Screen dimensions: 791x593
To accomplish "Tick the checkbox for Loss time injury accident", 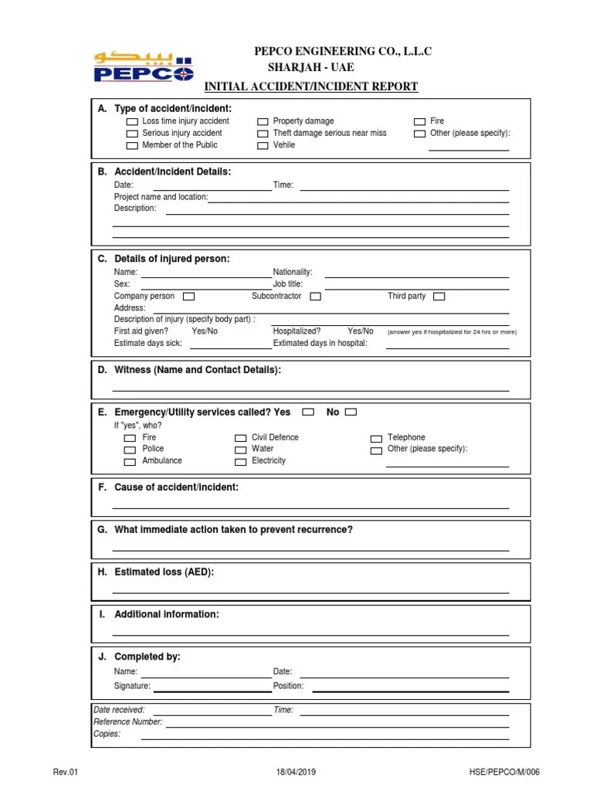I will pyautogui.click(x=132, y=122).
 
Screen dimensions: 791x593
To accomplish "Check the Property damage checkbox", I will pyautogui.click(x=263, y=122).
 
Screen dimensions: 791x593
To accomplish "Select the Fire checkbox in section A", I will pyautogui.click(x=419, y=122).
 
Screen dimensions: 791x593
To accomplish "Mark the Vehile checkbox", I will pyautogui.click(x=263, y=145).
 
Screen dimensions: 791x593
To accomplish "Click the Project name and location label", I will pyautogui.click(x=161, y=197).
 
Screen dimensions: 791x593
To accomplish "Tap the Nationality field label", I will pyautogui.click(x=293, y=272).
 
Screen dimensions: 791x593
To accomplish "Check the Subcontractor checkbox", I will pyautogui.click(x=315, y=296).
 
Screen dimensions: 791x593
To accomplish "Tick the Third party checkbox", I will pyautogui.click(x=439, y=296).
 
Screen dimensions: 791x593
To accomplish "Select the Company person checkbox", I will pyautogui.click(x=188, y=296).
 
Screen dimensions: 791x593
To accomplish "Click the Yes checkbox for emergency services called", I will pyautogui.click(x=308, y=412).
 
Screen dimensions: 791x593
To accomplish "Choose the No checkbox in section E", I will pyautogui.click(x=351, y=412).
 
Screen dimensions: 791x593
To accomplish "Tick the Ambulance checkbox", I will pyautogui.click(x=130, y=461).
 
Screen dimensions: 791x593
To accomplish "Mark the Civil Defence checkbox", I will pyautogui.click(x=241, y=438).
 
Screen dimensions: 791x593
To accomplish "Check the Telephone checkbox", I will pyautogui.click(x=376, y=438).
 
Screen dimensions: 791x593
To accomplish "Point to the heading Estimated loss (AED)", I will pyautogui.click(x=164, y=572).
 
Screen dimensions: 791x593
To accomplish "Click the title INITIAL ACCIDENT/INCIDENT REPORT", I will pyautogui.click(x=310, y=87).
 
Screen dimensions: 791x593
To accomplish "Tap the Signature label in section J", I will pyautogui.click(x=132, y=686).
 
